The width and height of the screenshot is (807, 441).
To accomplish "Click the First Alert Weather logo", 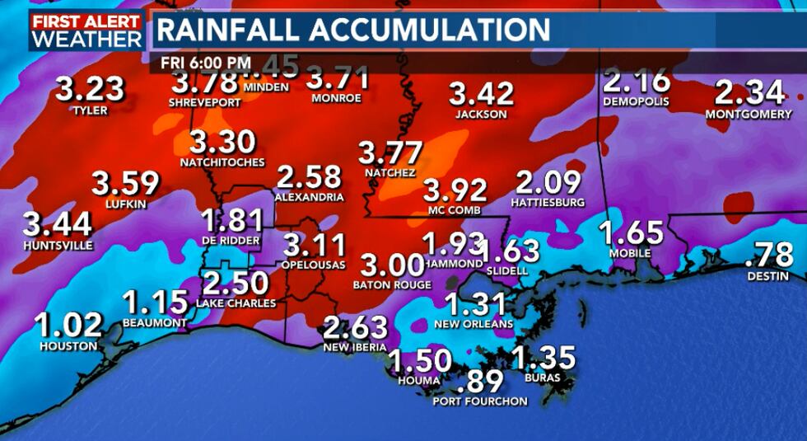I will pyautogui.click(x=86, y=30).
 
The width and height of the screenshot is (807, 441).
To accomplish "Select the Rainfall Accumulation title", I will pyautogui.click(x=352, y=30).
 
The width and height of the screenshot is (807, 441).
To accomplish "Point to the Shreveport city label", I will pyautogui.click(x=204, y=102).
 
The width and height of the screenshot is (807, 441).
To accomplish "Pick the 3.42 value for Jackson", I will pyautogui.click(x=482, y=94).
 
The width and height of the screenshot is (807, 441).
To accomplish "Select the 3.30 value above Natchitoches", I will pyautogui.click(x=222, y=143).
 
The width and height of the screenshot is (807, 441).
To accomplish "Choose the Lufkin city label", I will pyautogui.click(x=126, y=203).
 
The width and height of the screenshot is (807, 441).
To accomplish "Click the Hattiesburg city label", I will pyautogui.click(x=548, y=202).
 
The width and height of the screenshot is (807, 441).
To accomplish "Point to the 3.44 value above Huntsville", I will pyautogui.click(x=57, y=224).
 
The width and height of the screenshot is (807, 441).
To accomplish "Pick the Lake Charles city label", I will pyautogui.click(x=236, y=303).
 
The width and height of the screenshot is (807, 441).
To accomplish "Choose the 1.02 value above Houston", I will pyautogui.click(x=68, y=326).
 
